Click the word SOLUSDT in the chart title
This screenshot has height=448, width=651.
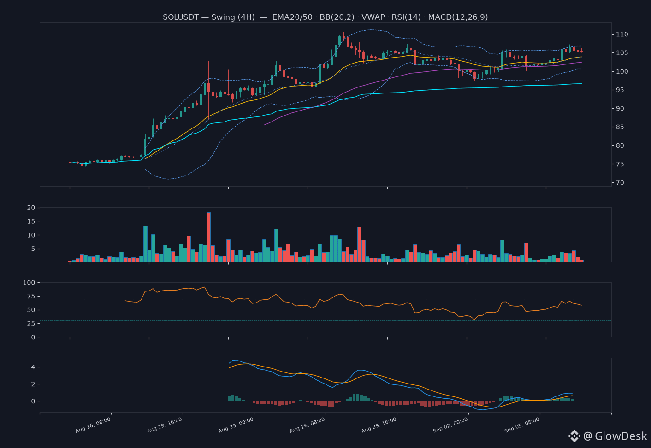click(181, 17)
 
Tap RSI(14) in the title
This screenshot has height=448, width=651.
click(406, 17)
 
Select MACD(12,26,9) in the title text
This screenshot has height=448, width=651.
click(458, 17)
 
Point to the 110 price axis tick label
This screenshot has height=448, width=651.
click(622, 34)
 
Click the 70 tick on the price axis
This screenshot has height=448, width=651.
click(620, 182)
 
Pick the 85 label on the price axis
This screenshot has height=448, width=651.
click(620, 127)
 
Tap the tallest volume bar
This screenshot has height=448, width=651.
click(209, 237)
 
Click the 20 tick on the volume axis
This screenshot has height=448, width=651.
click(31, 208)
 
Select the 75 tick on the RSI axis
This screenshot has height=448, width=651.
click(31, 296)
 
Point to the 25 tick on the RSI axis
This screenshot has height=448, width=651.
click(31, 323)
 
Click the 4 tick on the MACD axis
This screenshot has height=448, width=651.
click(33, 367)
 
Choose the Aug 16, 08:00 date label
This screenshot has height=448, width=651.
click(93, 425)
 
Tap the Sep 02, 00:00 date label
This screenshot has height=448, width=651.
click(450, 425)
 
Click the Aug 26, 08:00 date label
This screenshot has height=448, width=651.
click(308, 425)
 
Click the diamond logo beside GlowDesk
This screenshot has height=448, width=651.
click(574, 436)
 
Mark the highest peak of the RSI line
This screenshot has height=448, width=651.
click(205, 287)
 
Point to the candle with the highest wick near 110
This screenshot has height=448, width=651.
click(343, 37)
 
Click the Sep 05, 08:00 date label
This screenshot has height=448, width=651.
click(522, 425)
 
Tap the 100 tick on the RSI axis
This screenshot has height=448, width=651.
click(29, 282)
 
